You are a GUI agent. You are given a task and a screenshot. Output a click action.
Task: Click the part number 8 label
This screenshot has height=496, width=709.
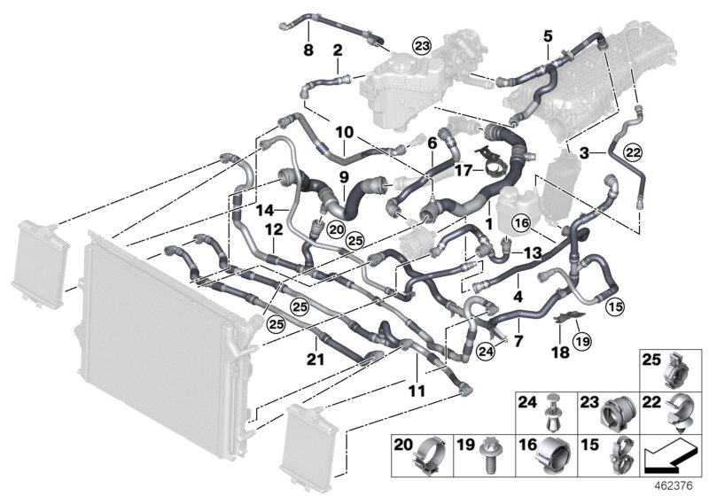(308, 51)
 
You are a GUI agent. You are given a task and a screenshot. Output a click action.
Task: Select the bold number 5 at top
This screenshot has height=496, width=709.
(548, 36)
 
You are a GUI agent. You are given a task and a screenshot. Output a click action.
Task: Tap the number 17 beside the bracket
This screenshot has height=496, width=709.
(464, 167)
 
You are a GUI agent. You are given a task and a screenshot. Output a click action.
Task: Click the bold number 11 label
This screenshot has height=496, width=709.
(417, 390)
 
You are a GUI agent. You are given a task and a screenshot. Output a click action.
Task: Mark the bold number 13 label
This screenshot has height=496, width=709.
(529, 252)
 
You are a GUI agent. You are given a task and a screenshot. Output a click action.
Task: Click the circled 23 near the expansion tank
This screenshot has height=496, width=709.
(420, 45)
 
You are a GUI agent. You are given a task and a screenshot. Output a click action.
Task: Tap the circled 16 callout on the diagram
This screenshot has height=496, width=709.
(521, 221)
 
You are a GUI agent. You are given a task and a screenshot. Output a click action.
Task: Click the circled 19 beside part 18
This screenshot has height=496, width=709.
(580, 341)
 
